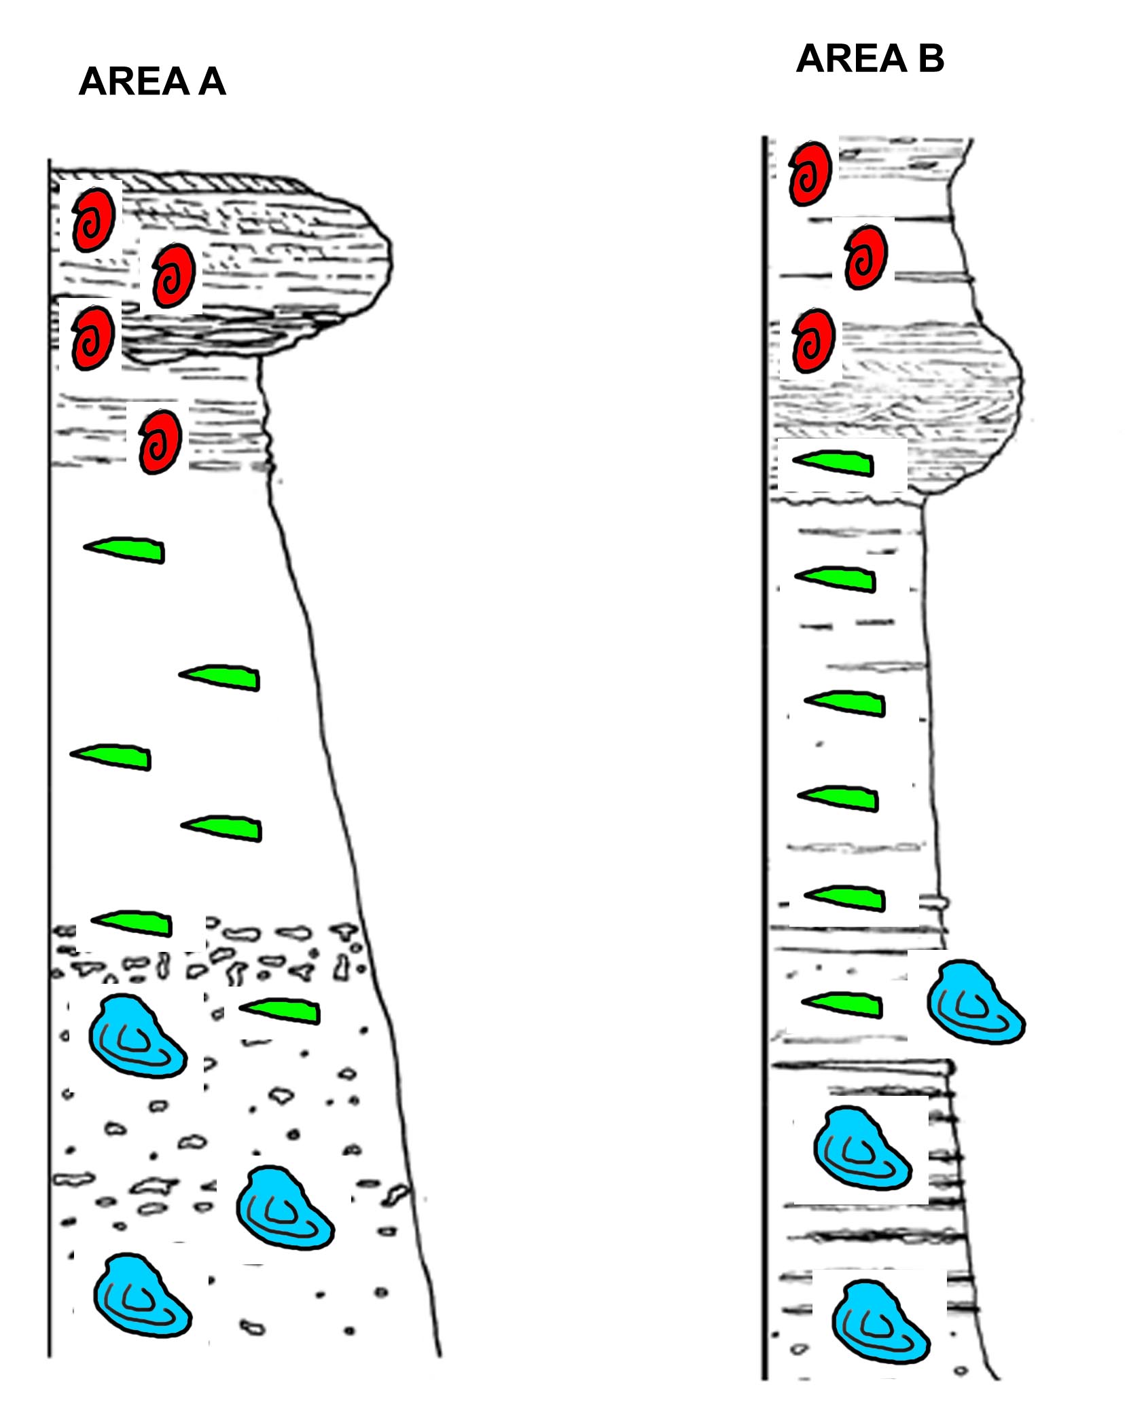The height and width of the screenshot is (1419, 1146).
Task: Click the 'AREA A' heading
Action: click(x=152, y=81)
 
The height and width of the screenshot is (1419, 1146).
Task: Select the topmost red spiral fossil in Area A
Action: click(x=94, y=219)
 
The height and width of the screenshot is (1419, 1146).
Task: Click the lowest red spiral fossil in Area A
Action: click(x=160, y=441)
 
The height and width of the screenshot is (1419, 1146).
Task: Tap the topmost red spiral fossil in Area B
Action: click(x=810, y=173)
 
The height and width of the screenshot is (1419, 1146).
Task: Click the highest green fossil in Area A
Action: click(x=124, y=550)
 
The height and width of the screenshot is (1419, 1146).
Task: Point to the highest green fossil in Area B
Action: click(x=833, y=463)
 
